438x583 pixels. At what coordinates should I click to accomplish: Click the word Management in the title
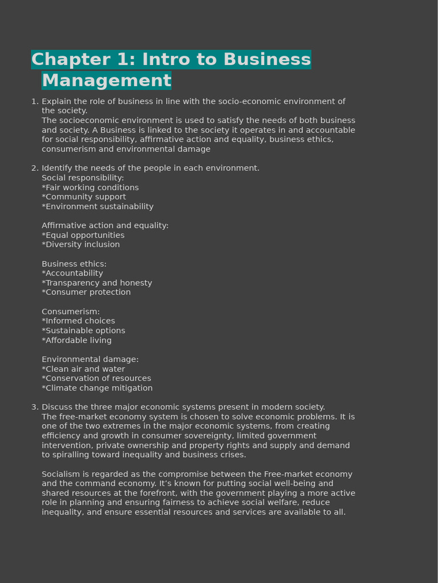106,81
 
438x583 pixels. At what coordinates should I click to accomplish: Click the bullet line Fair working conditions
90,187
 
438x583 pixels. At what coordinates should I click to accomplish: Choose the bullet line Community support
84,197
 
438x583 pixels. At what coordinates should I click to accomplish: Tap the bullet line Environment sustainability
98,207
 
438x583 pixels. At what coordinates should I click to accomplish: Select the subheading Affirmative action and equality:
105,225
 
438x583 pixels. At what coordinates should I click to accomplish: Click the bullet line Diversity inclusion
81,245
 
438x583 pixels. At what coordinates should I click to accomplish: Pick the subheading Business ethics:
74,264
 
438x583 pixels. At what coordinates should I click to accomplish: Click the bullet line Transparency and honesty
97,283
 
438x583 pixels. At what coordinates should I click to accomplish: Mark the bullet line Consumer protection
86,293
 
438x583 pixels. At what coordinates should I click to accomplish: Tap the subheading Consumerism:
71,311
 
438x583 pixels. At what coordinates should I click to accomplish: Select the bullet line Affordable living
76,340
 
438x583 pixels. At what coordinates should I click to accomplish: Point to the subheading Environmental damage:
90,359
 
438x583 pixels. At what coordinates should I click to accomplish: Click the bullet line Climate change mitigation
97,388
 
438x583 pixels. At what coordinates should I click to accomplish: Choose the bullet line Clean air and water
83,369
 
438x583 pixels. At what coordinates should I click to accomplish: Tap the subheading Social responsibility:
83,178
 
